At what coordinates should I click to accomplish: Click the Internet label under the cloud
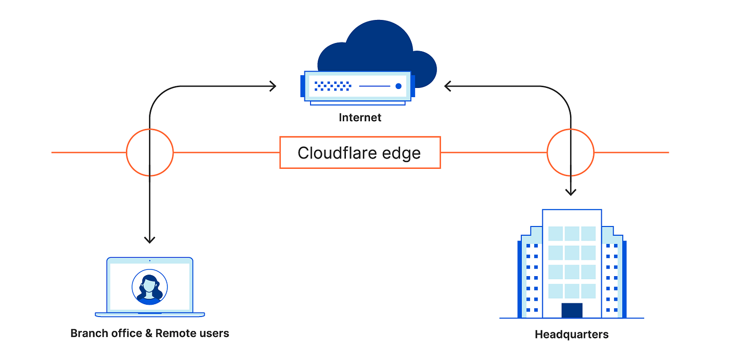click(x=360, y=118)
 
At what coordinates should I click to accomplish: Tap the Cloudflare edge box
click(x=360, y=152)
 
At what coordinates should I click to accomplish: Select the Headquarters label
click(x=572, y=335)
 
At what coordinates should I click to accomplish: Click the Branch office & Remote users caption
click(x=149, y=333)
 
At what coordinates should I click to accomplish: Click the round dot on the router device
click(x=398, y=86)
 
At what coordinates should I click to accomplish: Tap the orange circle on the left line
click(x=149, y=152)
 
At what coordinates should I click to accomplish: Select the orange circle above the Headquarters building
click(x=571, y=152)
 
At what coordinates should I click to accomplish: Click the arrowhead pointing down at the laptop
click(x=149, y=239)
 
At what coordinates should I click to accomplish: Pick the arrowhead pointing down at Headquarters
click(x=571, y=192)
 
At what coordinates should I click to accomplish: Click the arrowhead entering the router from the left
click(x=273, y=86)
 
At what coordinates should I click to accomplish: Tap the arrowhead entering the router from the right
click(x=448, y=86)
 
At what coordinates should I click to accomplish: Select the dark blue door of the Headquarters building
click(x=572, y=310)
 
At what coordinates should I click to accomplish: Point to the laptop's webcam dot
click(x=149, y=260)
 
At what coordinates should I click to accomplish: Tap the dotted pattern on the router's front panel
click(x=332, y=86)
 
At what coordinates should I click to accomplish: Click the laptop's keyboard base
click(x=149, y=314)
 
